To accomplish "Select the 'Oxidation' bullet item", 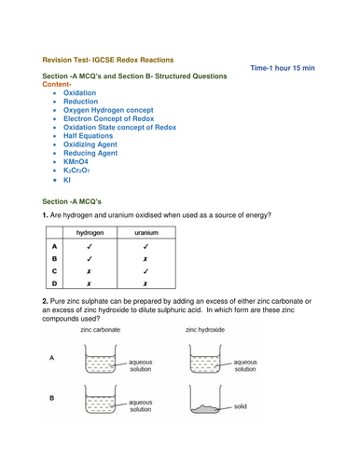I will point(79,94).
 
